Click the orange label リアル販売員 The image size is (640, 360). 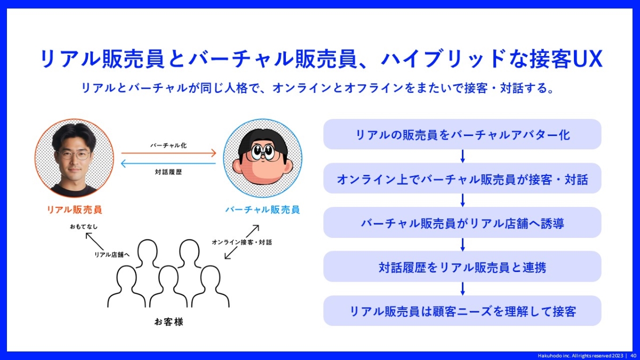74,210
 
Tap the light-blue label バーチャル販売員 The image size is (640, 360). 262,210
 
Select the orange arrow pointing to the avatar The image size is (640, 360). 169,153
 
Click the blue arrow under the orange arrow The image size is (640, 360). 169,163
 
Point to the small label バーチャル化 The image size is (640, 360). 169,146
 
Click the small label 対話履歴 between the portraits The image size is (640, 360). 169,172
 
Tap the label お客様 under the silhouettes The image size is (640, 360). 169,322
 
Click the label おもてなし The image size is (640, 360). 84,227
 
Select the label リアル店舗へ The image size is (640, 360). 112,254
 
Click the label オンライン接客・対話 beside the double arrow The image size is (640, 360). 242,242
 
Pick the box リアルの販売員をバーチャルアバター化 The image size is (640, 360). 462,134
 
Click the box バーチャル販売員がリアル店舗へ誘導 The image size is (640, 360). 462,222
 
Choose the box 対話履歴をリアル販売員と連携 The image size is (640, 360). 462,267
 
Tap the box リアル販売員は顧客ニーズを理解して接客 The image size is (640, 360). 462,311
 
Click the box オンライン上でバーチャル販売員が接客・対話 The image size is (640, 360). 462,178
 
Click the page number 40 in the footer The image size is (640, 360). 633,356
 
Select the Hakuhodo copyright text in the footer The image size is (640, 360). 581,356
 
